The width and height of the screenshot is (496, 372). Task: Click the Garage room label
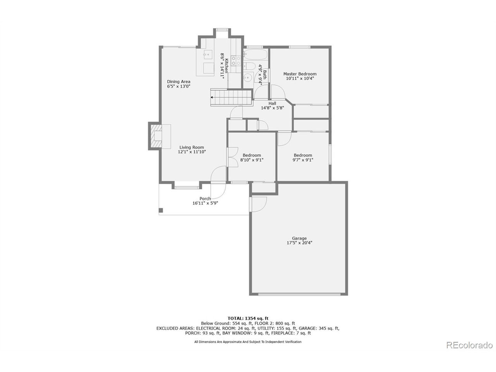299,238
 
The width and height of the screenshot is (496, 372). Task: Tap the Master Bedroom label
300,74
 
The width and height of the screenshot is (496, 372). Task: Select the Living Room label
191,147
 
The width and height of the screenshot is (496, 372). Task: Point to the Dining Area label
179,81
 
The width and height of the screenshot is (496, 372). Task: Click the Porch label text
205,198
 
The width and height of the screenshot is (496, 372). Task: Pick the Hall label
272,103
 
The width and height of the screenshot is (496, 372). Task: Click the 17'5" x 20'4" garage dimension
299,243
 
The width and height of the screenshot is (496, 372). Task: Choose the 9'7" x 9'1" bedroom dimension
303,160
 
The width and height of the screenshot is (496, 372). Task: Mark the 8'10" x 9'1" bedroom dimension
252,160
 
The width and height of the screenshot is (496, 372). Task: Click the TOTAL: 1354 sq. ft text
248,318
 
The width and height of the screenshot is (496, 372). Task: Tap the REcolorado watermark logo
469,345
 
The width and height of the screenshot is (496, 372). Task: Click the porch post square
161,210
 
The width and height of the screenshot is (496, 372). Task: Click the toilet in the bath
250,65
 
